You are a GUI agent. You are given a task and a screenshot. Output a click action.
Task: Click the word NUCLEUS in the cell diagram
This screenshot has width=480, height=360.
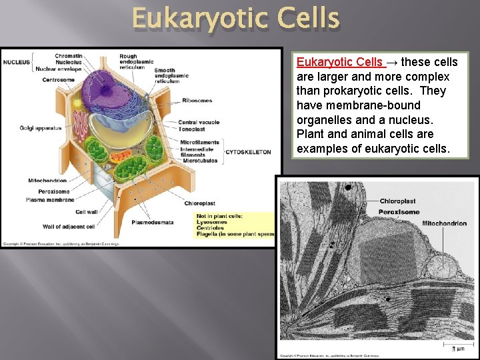click(17, 63)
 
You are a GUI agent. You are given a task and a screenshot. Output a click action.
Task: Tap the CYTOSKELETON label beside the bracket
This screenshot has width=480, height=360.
click(248, 152)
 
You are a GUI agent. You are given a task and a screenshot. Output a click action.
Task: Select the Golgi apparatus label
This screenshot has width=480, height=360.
click(41, 128)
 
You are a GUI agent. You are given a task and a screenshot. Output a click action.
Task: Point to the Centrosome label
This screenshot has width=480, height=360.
click(58, 80)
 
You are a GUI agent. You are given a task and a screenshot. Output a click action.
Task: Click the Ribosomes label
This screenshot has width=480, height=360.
click(197, 101)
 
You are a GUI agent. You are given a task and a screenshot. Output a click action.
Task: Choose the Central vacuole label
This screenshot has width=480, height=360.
click(199, 123)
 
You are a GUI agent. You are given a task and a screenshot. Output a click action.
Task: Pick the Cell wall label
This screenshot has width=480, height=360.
click(87, 212)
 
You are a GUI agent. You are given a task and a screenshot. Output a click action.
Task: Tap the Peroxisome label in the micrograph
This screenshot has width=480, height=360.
click(399, 212)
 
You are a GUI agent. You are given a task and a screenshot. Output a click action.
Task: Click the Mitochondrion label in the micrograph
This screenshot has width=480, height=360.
click(444, 223)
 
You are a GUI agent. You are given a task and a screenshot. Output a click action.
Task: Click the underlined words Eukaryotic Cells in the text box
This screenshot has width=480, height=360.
click(340, 62)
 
